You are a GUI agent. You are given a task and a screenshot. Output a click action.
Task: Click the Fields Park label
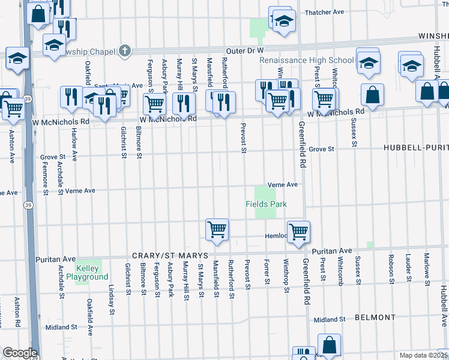[x=266, y=204]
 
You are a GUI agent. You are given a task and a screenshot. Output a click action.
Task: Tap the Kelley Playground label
[x=92, y=272]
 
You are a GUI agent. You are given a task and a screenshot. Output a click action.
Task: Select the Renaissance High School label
[x=306, y=60]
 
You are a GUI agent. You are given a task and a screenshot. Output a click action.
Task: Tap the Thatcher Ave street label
[x=324, y=12]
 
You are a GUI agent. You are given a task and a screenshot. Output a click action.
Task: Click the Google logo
[x=20, y=353]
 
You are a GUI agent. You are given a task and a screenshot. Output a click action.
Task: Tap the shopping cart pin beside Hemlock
[x=298, y=231]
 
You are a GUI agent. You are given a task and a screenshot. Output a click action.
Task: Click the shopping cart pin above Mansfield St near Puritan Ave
[x=217, y=229]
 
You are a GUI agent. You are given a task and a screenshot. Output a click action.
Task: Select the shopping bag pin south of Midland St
[x=329, y=346]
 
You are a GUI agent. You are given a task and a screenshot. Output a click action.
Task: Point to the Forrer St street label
[x=267, y=272]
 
